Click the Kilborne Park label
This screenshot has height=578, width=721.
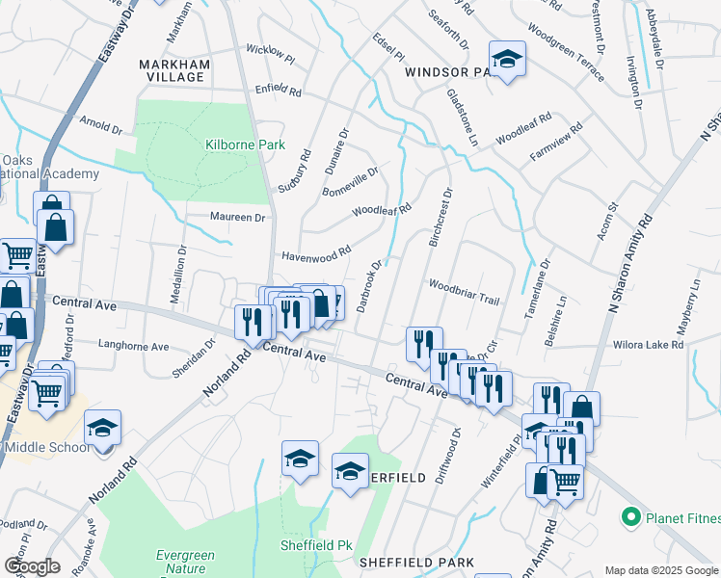click(245, 145)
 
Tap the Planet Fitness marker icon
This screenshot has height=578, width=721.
click(632, 516)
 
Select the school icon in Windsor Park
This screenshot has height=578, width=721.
click(506, 59)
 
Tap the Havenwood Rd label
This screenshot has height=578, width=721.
click(315, 255)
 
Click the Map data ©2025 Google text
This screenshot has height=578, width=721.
click(661, 570)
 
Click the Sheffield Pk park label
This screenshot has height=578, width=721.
click(315, 545)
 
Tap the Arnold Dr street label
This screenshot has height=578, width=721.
click(102, 126)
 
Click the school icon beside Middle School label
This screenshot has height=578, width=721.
click(103, 430)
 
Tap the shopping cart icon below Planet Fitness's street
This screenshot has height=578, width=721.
click(566, 481)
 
